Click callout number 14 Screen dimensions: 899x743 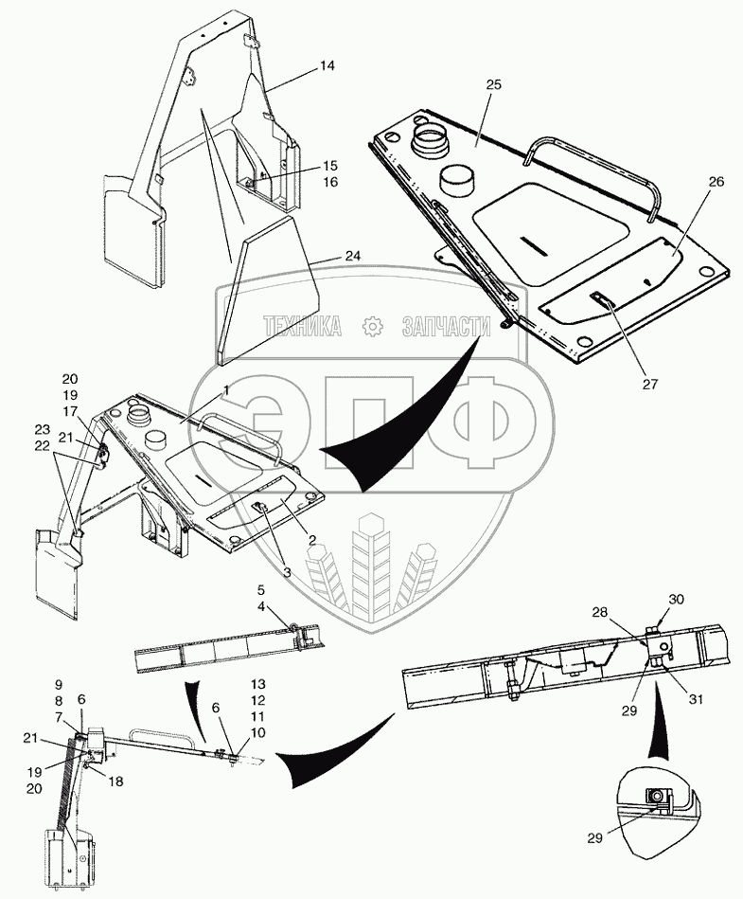click(x=327, y=65)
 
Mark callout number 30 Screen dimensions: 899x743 click(x=676, y=599)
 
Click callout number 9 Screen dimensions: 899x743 click(x=58, y=684)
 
